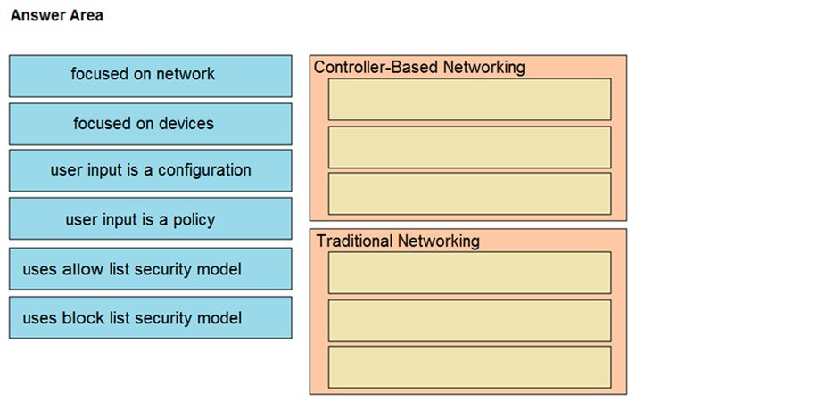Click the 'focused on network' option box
150,77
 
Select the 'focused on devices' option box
150,124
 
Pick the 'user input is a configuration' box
150,170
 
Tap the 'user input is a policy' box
150,218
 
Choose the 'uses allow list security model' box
150,269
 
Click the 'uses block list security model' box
150,317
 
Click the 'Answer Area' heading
57,16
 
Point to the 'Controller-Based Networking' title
419,68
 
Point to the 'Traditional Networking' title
398,241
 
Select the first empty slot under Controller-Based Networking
469,100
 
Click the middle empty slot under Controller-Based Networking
469,147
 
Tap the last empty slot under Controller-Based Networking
469,193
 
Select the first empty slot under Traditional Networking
469,273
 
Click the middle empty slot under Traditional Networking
469,321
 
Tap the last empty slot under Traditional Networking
469,367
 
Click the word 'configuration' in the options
204,170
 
